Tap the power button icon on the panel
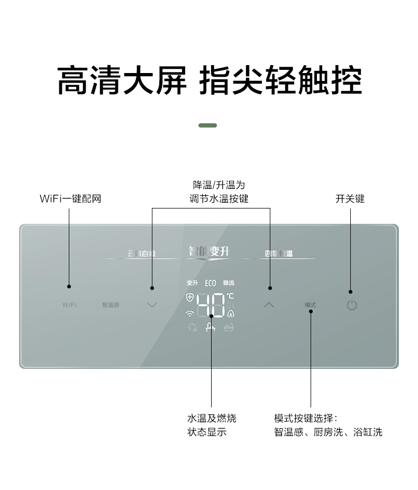[x=352, y=305]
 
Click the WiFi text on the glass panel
[x=69, y=305]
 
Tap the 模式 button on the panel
[x=311, y=305]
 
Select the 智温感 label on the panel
[x=111, y=305]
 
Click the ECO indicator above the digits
[x=211, y=283]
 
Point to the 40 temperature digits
[x=211, y=305]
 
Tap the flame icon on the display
[x=231, y=313]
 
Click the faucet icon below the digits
[x=211, y=328]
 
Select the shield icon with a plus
[x=190, y=297]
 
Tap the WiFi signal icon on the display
[x=190, y=313]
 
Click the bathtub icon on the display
[x=229, y=327]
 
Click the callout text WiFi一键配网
[x=70, y=199]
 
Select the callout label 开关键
[x=350, y=199]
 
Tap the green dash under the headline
[x=207, y=125]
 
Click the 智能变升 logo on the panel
[x=210, y=252]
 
